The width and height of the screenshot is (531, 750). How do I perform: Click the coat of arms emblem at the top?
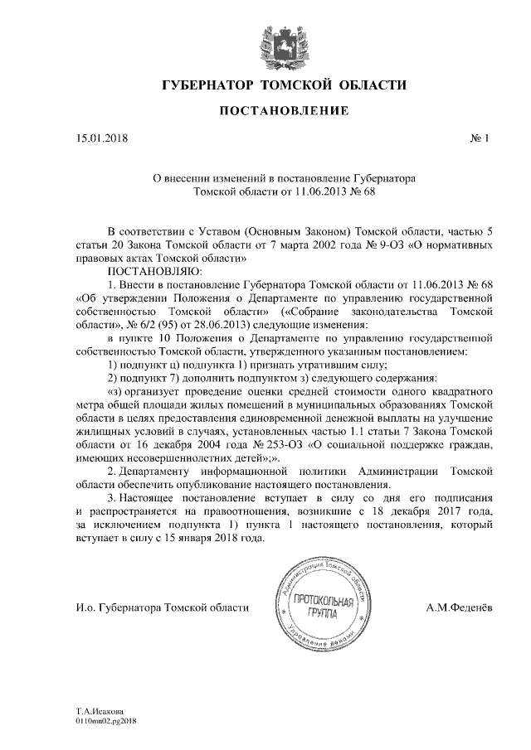283,40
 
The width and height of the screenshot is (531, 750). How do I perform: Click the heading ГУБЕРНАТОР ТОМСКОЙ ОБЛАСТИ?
283,85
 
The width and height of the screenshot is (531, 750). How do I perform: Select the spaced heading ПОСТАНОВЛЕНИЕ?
283,111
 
